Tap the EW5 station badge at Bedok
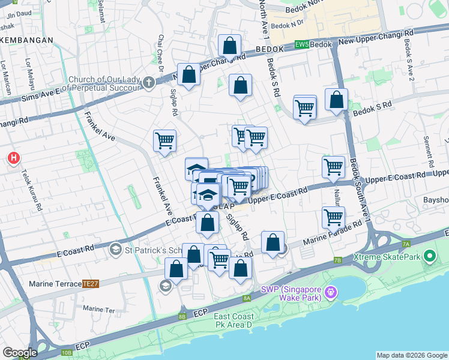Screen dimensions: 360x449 click(x=303, y=45)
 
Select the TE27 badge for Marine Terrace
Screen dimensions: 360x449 click(x=91, y=283)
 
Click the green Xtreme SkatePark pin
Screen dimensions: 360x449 click(x=429, y=257)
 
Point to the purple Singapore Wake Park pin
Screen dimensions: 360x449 click(x=330, y=293)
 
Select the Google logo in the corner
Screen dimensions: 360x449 click(x=20, y=353)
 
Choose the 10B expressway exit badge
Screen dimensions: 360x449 click(x=65, y=352)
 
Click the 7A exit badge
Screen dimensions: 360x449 click(x=405, y=244)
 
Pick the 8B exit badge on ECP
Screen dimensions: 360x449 click(x=182, y=316)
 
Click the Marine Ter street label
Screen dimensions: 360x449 click(x=95, y=309)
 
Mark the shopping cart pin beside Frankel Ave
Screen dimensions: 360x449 click(x=164, y=142)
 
